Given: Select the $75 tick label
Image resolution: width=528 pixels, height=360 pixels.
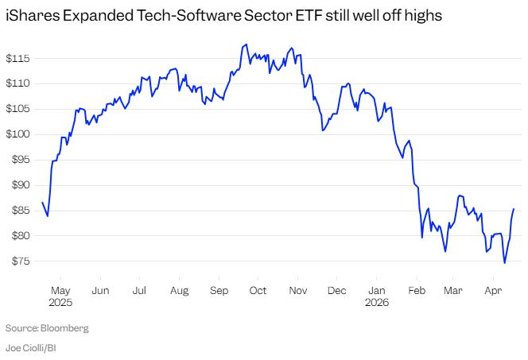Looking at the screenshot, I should tap(18, 261).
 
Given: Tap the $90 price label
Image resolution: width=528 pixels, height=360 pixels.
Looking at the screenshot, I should tap(18, 185).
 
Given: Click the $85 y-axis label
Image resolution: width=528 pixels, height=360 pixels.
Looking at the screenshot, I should tap(18, 211).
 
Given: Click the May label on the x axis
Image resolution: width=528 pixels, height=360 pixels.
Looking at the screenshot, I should tap(61, 291).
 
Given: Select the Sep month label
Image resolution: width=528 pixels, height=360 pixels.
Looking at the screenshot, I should tap(219, 291).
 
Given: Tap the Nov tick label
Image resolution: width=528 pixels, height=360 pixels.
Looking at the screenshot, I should tap(298, 291).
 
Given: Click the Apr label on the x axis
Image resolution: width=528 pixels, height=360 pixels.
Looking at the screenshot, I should tap(493, 291).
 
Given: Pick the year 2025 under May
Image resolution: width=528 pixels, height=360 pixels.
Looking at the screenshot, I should tap(61, 303).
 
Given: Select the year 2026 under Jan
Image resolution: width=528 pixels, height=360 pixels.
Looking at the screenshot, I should tap(376, 303).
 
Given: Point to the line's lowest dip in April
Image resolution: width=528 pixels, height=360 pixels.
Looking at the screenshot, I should tap(504, 263).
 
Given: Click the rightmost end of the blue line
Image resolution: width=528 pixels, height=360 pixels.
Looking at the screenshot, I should tap(514, 209).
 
